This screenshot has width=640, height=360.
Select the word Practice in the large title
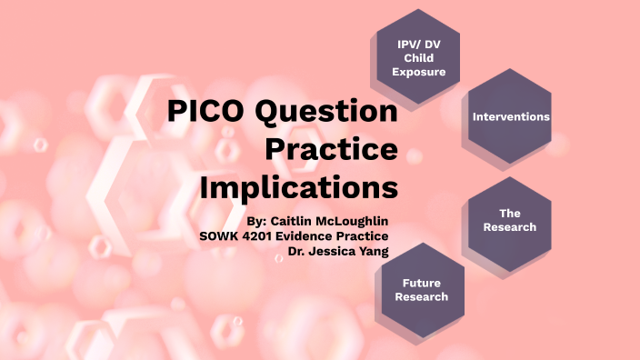pos(331,151)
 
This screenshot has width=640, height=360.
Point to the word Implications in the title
pos(299,187)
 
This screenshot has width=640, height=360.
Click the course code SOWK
pos(219,235)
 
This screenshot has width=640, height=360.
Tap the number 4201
pos(261,235)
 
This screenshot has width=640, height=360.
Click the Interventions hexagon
pos(511,117)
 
